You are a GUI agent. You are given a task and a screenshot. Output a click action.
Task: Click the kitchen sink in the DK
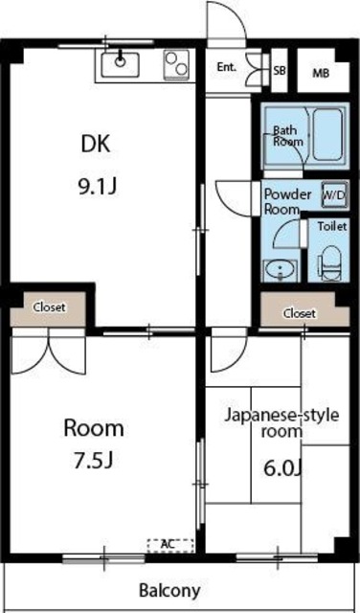point(120,64)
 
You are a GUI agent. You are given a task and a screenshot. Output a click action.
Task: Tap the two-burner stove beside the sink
point(175,64)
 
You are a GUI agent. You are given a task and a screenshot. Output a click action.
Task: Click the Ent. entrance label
point(226,67)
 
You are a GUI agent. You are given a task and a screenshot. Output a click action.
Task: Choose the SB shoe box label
point(280,70)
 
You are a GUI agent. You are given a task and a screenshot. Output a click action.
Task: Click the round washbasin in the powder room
point(280,268)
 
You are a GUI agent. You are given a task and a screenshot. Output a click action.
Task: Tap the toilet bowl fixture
point(329,261)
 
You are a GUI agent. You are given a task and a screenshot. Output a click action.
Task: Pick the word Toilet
point(332,228)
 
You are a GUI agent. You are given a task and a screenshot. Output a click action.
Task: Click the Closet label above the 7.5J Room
point(50,307)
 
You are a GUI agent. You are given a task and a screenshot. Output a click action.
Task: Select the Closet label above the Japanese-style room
point(300,313)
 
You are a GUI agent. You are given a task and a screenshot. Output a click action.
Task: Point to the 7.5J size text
point(94,460)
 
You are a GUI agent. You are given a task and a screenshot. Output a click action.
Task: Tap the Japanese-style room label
point(281,423)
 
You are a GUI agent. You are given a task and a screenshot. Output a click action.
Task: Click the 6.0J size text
point(283,469)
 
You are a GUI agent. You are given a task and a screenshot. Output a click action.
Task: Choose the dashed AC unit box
point(169,544)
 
